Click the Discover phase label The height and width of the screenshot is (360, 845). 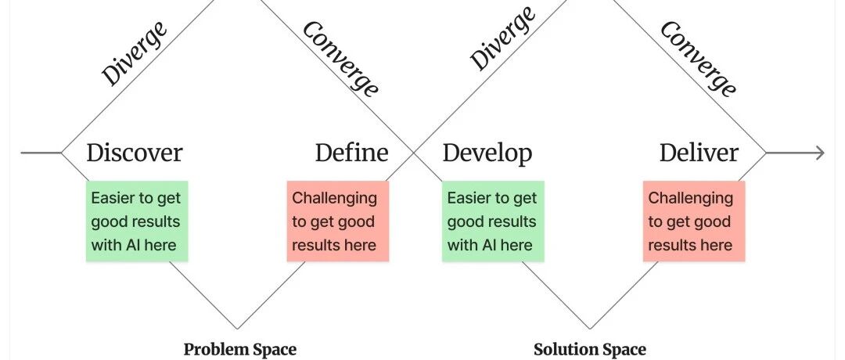[x=134, y=153]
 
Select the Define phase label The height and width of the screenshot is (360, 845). [x=351, y=153]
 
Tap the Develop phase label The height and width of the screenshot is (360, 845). [x=487, y=153]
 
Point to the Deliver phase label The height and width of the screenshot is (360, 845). [x=699, y=153]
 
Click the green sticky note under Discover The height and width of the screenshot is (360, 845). [x=137, y=221]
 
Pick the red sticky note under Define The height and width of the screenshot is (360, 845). [x=337, y=221]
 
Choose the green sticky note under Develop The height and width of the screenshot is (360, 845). [x=493, y=221]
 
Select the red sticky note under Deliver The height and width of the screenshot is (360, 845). [x=694, y=221]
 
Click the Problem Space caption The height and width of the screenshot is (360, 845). [x=240, y=349]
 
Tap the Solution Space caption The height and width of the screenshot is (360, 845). [x=590, y=349]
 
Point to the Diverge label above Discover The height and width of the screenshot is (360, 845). [x=135, y=53]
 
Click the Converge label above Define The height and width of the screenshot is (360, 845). [x=341, y=59]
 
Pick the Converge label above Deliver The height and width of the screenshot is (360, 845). [x=698, y=59]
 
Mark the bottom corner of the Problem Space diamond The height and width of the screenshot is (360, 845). [x=237, y=328]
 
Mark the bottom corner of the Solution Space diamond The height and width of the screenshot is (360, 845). [x=590, y=328]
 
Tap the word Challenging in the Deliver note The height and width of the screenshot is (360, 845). [x=690, y=198]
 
